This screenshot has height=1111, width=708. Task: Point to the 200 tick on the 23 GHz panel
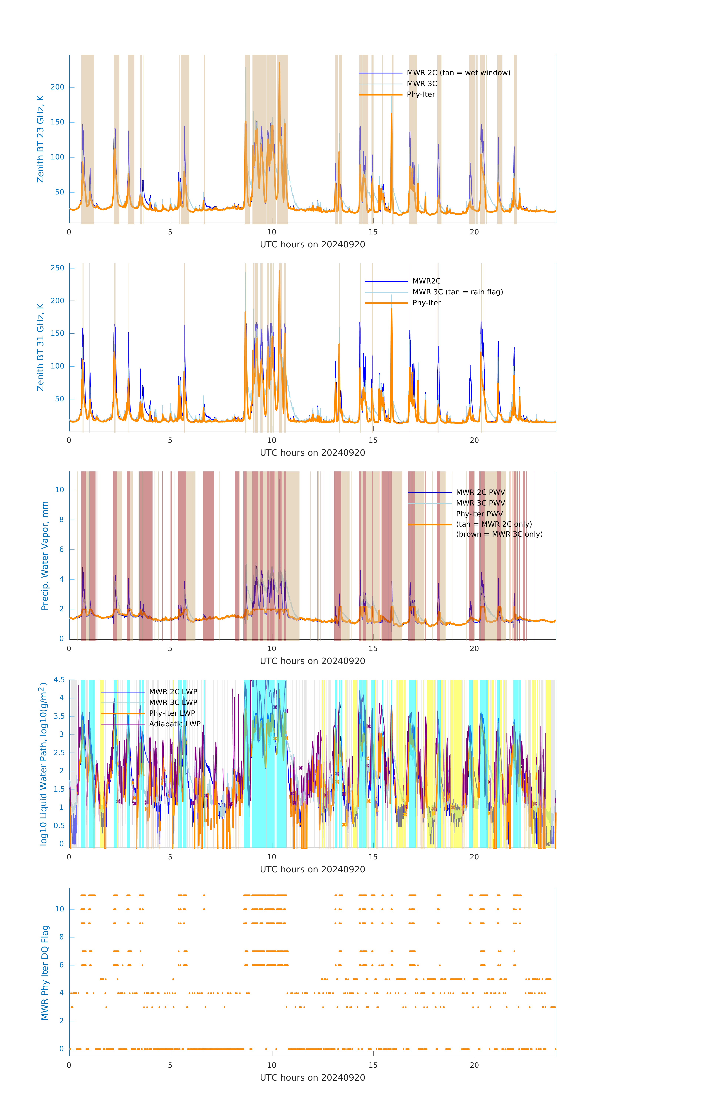(58, 87)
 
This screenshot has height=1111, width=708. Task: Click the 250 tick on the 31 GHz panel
(58, 268)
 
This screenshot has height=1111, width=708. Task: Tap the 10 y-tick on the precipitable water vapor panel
(59, 490)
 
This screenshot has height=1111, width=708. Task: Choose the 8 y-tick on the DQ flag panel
(61, 937)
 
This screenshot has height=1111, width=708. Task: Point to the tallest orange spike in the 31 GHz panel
(279, 271)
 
